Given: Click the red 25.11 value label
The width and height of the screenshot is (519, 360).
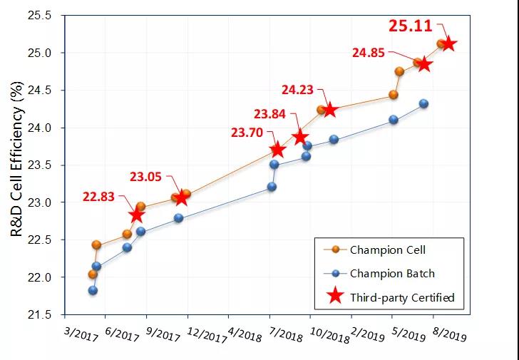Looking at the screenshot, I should (411, 26).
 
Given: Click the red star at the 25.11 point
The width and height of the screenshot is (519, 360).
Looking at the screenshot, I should (448, 44).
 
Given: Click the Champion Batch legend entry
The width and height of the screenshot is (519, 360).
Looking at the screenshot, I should (391, 273).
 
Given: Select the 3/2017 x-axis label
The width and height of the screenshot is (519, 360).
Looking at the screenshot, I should (79, 334).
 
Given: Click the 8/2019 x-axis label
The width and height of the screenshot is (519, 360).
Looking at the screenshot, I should (450, 334).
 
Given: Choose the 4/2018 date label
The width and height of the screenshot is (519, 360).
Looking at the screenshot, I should (245, 334).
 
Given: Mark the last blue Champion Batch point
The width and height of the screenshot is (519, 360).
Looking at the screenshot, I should (423, 103).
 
